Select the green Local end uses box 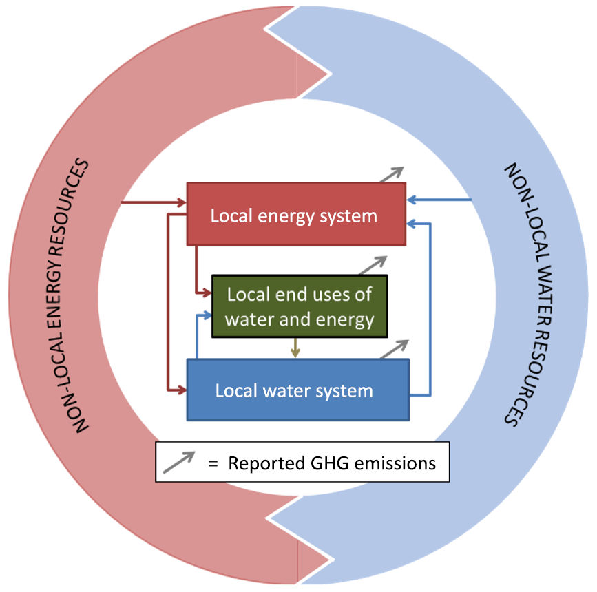pyautogui.click(x=300, y=307)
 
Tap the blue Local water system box pyautogui.click(x=297, y=390)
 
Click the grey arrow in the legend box pyautogui.click(x=178, y=462)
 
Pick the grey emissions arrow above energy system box pyautogui.click(x=390, y=174)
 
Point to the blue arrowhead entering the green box pyautogui.click(x=206, y=315)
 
